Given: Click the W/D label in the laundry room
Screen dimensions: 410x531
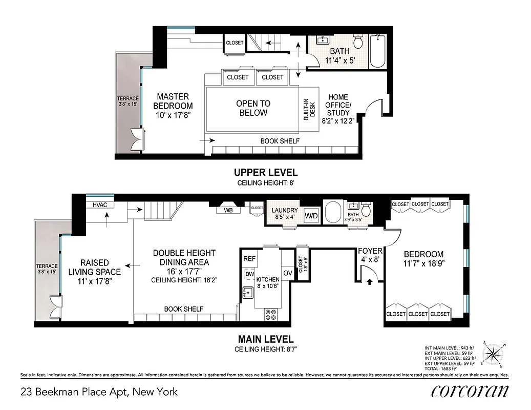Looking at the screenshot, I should point(311,216).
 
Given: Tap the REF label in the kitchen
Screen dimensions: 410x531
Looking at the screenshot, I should point(249,259).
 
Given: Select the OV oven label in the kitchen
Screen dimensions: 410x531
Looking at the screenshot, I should point(288,273).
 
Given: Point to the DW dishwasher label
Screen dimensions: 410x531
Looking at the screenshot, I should point(249,275).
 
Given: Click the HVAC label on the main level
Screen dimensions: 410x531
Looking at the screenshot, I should point(99,205).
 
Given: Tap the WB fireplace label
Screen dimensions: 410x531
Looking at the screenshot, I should point(227,210).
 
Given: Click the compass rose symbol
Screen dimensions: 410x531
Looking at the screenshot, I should point(494,353).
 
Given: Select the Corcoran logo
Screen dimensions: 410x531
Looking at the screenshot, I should point(470,391).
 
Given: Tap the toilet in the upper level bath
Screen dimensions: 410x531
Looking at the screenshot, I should point(358,42).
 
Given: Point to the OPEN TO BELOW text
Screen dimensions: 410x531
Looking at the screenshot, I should point(253,108).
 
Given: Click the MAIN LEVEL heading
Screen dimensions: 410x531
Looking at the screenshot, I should point(266,339).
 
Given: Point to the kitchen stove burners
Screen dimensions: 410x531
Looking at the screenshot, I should point(271,314).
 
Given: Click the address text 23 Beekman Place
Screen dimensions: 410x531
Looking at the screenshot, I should point(99,392).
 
